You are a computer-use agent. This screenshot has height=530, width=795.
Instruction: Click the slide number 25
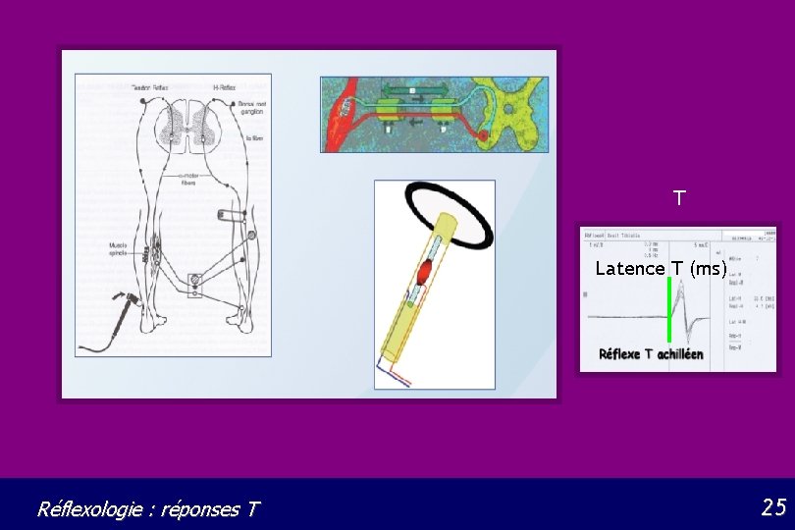pos(773,507)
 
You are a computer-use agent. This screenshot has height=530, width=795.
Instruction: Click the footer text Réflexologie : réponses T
pos(148,509)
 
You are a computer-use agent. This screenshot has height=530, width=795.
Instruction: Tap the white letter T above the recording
pos(678,198)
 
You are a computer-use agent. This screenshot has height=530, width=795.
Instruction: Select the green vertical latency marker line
pos(668,310)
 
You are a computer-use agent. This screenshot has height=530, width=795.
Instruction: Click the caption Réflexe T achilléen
pos(652,354)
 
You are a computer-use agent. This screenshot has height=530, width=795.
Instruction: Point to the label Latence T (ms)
pos(661,269)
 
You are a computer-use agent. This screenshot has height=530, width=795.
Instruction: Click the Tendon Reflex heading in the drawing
pos(150,88)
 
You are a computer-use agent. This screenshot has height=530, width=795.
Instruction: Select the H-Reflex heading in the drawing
pos(229,88)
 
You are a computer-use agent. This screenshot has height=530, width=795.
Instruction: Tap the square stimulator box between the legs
pos(196,285)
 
